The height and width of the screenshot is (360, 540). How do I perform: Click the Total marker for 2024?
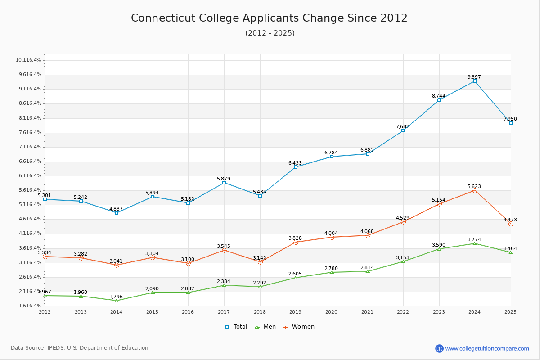point(475,81)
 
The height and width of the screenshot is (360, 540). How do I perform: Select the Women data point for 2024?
point(475,190)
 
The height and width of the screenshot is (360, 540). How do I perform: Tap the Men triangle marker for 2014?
point(117,300)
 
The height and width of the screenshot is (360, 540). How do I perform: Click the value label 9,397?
point(474,77)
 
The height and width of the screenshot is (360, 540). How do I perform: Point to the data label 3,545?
point(224,246)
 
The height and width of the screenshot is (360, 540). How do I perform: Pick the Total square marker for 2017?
point(224,183)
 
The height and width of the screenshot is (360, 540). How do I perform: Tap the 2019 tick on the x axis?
point(296,311)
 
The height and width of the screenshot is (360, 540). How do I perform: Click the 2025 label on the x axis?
point(510,311)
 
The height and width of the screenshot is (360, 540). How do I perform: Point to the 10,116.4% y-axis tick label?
point(28,60)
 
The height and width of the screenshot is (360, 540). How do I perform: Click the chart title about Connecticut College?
point(269,18)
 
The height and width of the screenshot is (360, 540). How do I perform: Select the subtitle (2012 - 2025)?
point(270,33)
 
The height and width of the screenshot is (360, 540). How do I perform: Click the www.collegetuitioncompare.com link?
point(487,348)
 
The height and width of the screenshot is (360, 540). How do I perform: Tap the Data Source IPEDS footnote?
point(80,348)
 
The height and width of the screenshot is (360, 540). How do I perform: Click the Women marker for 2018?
point(260,262)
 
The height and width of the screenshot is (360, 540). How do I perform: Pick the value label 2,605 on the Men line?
point(295,274)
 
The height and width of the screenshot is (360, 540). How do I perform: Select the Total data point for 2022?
point(403,130)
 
